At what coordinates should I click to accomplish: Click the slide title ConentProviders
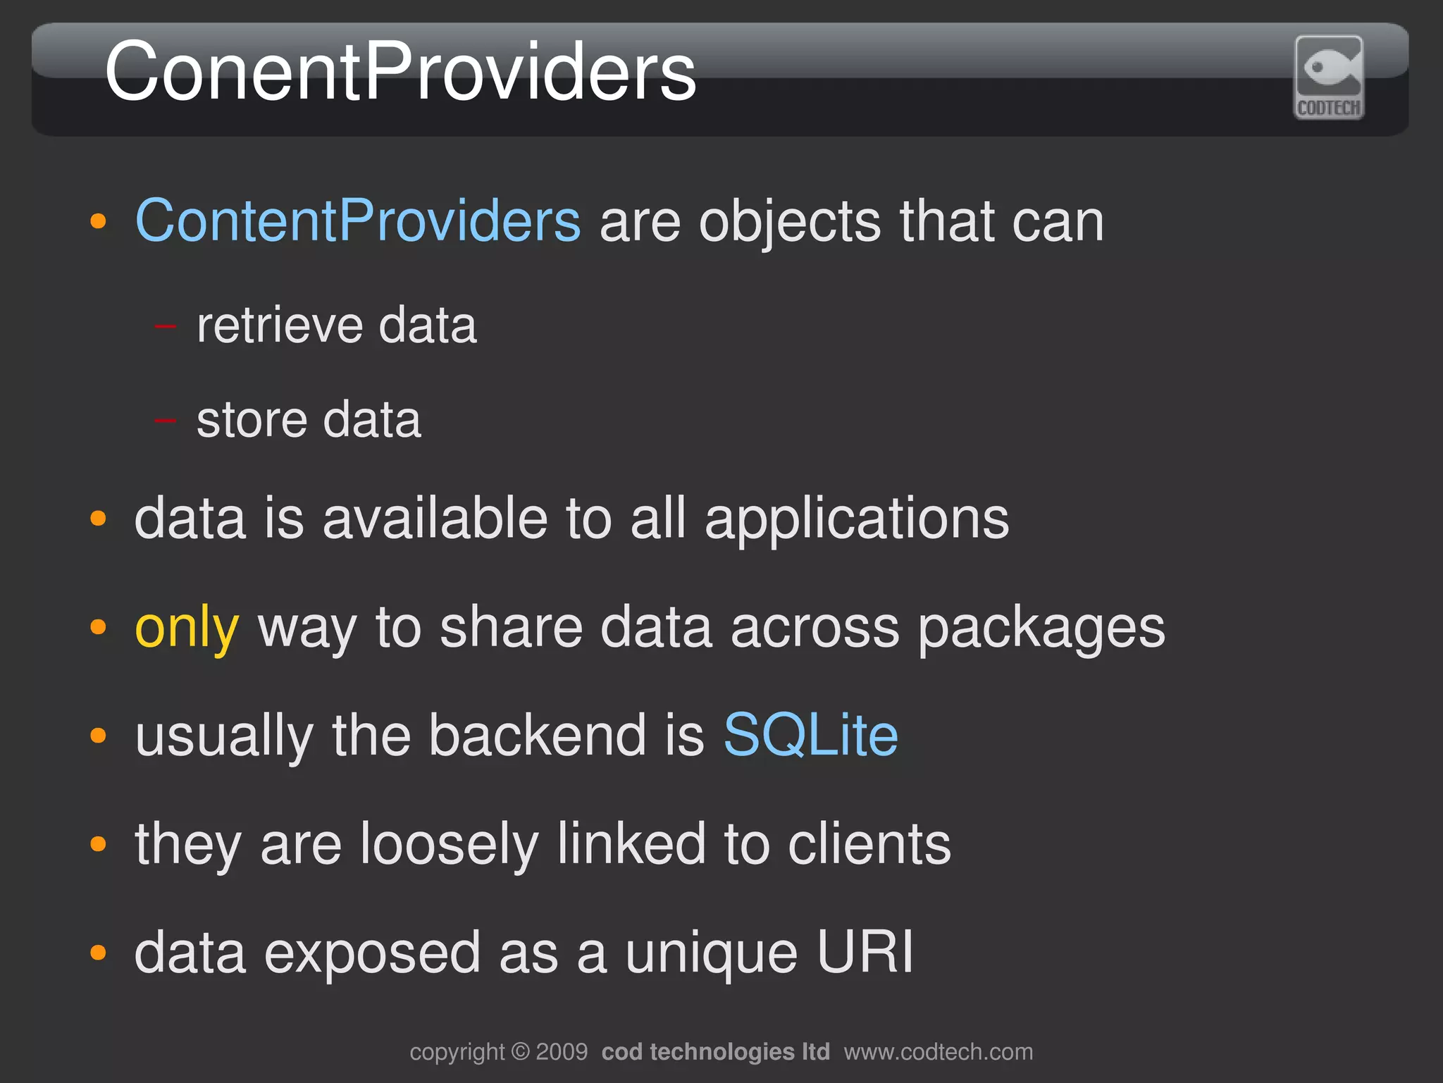400,72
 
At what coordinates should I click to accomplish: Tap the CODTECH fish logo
1329,78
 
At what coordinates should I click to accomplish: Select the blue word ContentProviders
358,221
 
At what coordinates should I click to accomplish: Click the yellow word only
187,627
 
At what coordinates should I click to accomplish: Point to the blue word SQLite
810,736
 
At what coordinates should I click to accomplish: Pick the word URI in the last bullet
865,953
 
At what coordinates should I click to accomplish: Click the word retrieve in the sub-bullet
279,326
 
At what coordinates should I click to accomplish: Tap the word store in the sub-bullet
250,420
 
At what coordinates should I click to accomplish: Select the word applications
857,520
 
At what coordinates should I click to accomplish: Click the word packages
1041,629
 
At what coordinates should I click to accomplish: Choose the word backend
537,736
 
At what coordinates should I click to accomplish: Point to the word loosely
450,844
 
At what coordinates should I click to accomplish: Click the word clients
869,844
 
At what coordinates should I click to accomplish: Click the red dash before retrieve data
165,326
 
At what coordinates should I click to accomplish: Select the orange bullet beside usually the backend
99,736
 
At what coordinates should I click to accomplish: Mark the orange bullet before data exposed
99,953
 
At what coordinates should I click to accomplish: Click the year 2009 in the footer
562,1052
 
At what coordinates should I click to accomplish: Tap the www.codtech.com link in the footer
939,1052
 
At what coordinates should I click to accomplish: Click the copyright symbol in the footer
520,1052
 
